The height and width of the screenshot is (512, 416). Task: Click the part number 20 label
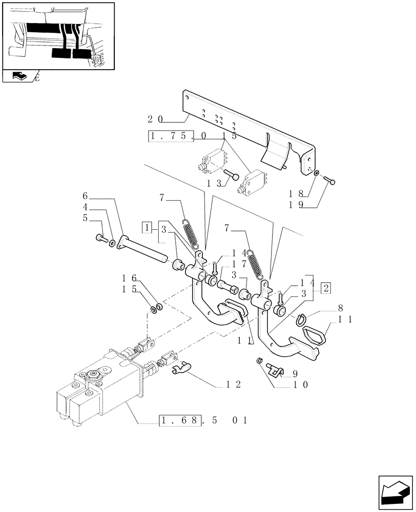[x=155, y=119]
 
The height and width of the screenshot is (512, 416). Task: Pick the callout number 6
[x=86, y=196]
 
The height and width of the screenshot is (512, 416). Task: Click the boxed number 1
[x=147, y=227]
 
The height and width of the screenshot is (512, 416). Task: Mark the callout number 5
[x=86, y=218]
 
